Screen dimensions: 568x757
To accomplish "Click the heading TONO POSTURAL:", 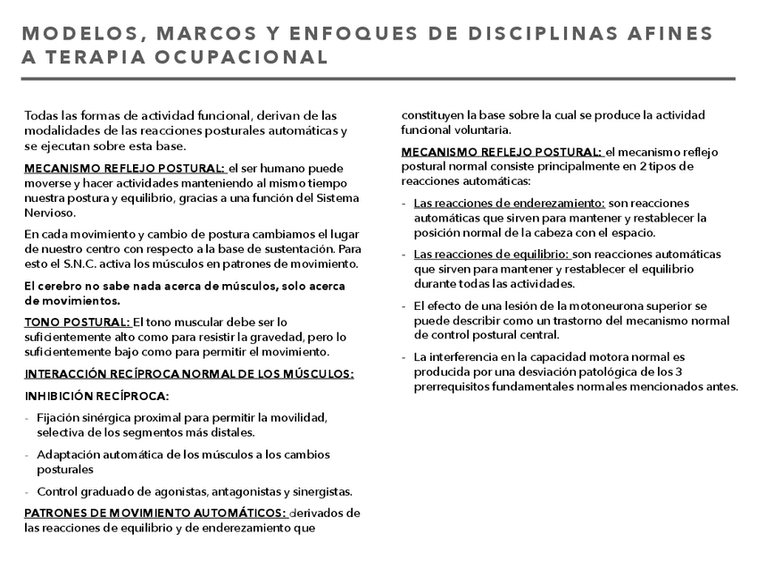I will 78,322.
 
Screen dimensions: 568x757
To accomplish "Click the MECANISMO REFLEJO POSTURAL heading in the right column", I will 502,153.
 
